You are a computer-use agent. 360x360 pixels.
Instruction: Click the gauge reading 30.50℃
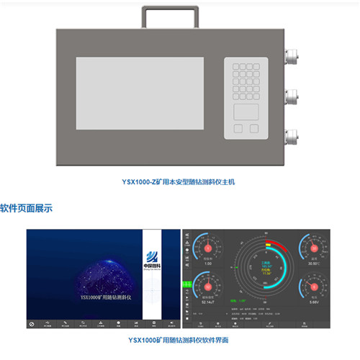tap(314, 263)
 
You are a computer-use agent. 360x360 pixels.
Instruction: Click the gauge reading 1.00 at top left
tap(208, 263)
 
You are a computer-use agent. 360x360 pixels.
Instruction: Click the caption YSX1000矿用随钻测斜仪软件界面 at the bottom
tap(179, 339)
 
